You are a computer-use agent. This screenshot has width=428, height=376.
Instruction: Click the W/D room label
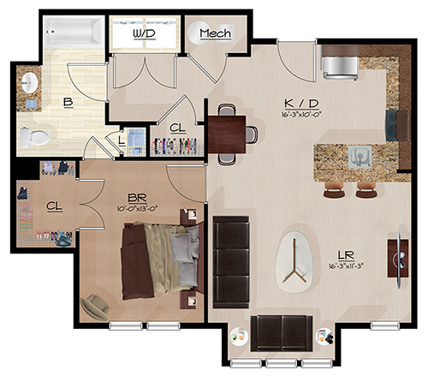click(145, 34)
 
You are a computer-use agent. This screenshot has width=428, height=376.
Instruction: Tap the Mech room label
click(216, 33)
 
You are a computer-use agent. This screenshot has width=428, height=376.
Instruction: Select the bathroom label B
click(68, 102)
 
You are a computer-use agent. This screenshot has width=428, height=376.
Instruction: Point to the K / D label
click(301, 104)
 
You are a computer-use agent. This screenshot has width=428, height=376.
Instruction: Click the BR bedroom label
click(137, 198)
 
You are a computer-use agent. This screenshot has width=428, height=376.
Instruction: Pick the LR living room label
click(346, 254)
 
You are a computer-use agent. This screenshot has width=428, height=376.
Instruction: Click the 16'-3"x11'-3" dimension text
click(346, 266)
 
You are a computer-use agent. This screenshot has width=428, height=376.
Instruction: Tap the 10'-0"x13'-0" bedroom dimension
click(137, 208)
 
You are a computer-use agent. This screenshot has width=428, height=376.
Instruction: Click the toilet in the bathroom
click(34, 137)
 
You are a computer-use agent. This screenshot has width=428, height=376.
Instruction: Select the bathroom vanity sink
click(30, 83)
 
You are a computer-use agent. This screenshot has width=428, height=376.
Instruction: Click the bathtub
click(74, 32)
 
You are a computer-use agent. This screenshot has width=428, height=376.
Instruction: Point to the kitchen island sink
click(360, 157)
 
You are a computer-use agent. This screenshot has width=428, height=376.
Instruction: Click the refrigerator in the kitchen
click(340, 63)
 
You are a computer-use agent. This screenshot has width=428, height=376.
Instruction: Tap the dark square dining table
click(227, 134)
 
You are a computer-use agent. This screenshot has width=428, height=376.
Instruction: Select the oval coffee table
click(295, 261)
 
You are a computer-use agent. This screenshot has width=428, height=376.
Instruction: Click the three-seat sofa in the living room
click(231, 262)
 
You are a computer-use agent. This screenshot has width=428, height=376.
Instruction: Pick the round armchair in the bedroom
click(95, 307)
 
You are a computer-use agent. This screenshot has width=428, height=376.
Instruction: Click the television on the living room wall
click(399, 260)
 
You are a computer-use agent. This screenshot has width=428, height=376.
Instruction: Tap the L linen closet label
click(122, 141)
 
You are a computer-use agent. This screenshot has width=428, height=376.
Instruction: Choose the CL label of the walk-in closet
click(55, 206)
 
